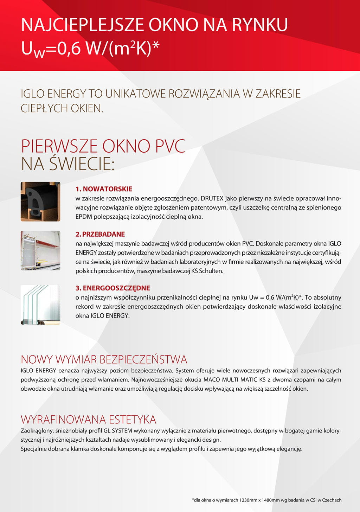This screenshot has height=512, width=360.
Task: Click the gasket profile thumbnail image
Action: (x=40, y=201)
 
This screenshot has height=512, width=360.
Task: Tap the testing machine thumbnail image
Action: (x=40, y=250)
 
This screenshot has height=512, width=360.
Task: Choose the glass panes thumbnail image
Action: (x=40, y=305)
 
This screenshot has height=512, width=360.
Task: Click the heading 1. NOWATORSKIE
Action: (x=104, y=189)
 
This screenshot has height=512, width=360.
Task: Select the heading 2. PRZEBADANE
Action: (x=100, y=234)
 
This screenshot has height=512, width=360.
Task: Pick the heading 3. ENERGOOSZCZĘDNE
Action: (x=113, y=288)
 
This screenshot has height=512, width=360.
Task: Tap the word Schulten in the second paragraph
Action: (x=211, y=271)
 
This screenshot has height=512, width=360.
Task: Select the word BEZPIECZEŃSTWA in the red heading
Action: (x=143, y=359)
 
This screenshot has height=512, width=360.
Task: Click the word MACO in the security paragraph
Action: (x=211, y=380)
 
